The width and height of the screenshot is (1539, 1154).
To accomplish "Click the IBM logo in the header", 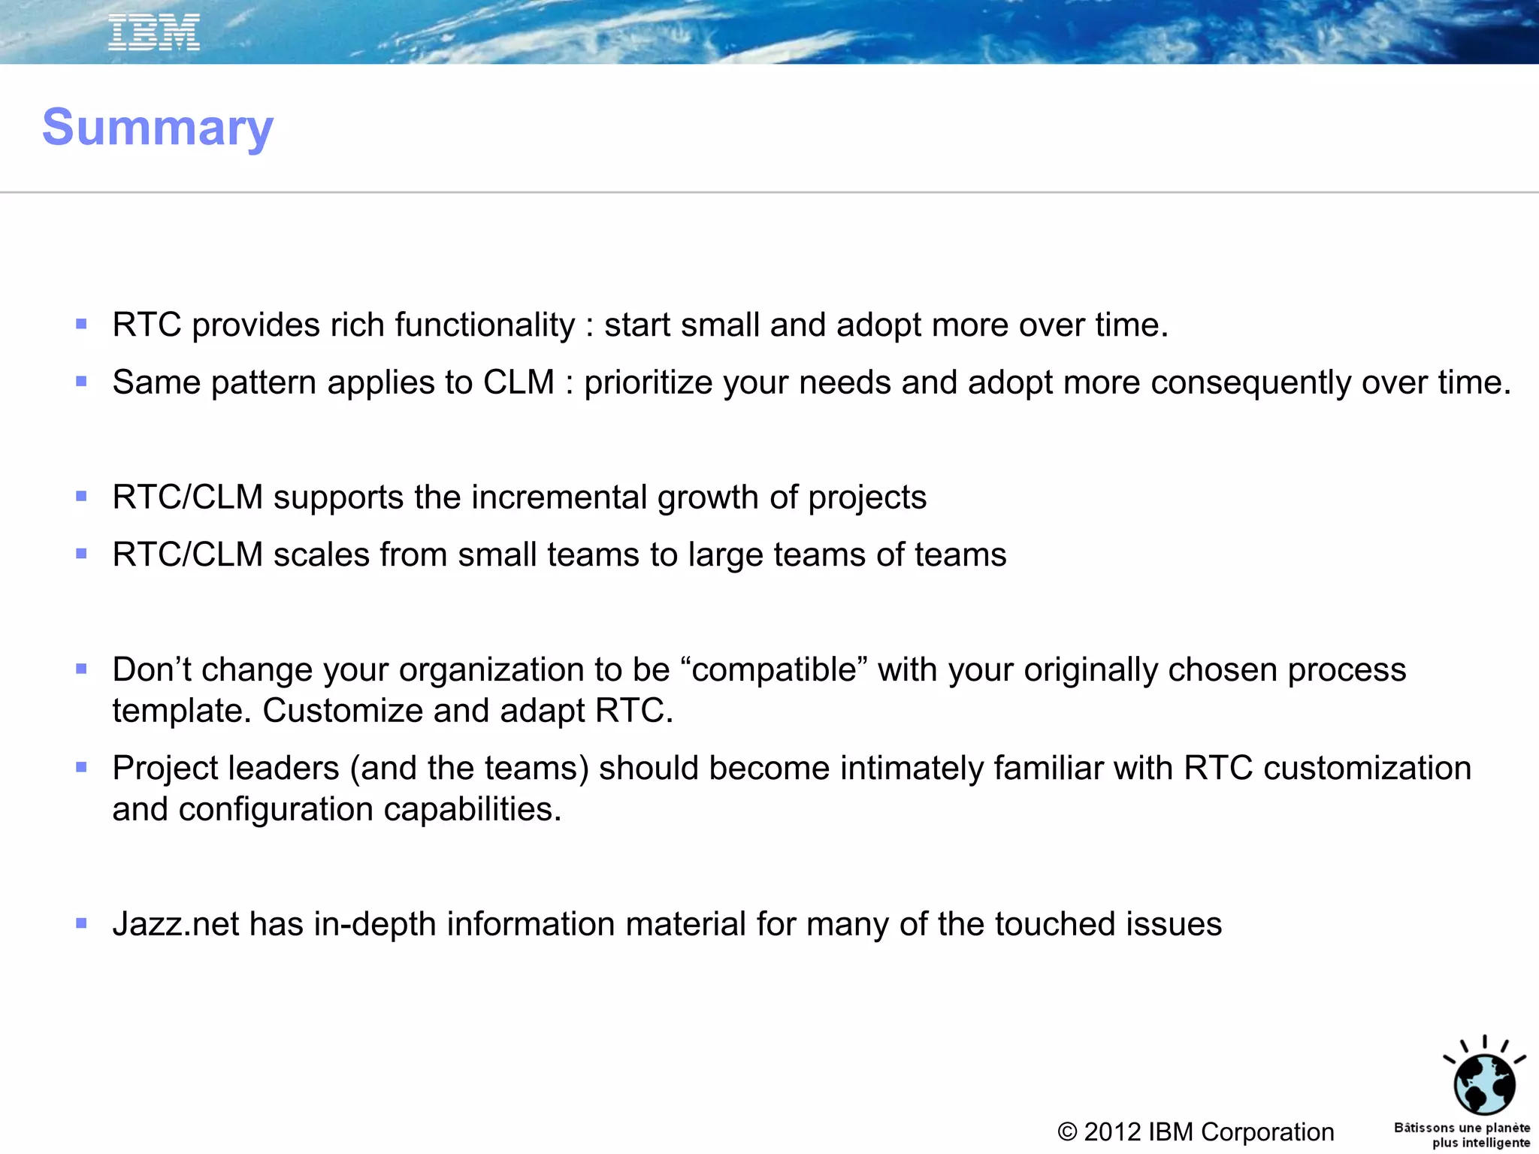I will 154,33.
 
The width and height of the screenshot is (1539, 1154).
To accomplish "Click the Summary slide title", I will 158,128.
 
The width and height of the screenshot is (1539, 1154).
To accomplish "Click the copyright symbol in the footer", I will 1067,1132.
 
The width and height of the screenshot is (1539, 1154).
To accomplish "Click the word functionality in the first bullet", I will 485,325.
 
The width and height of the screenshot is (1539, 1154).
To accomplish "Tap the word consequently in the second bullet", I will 1251,383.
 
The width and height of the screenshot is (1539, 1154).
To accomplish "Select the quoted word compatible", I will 774,670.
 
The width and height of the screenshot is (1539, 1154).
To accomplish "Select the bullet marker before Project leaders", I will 82,767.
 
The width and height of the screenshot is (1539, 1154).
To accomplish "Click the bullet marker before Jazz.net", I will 82,923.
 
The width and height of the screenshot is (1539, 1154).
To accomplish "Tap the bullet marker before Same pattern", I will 82,382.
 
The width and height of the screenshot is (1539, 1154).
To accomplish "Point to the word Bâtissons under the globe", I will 1423,1128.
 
